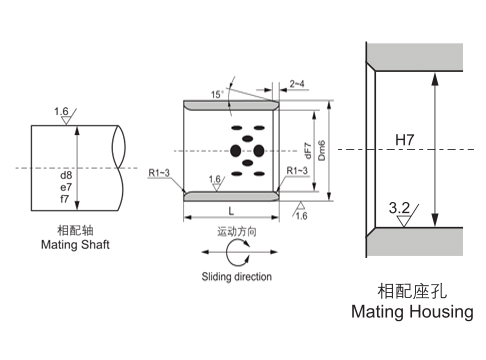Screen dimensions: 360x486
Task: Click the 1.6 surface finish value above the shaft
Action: (x=62, y=111)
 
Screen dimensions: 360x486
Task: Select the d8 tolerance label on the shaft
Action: (x=66, y=173)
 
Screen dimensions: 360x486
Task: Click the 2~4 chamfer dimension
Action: (x=298, y=84)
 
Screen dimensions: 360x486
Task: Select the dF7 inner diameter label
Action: (x=307, y=151)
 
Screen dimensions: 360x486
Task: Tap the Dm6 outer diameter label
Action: (x=322, y=151)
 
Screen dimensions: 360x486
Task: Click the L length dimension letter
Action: (x=231, y=212)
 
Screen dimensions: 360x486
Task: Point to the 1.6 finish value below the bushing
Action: (x=301, y=215)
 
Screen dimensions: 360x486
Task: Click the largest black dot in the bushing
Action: (x=236, y=151)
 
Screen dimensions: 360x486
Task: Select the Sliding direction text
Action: (x=236, y=276)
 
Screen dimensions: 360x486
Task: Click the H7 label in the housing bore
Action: (x=404, y=141)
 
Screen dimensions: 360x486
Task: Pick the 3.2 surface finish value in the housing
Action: (x=398, y=207)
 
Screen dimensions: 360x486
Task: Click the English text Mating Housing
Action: (x=411, y=312)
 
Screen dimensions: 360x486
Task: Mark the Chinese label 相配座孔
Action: (x=411, y=291)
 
